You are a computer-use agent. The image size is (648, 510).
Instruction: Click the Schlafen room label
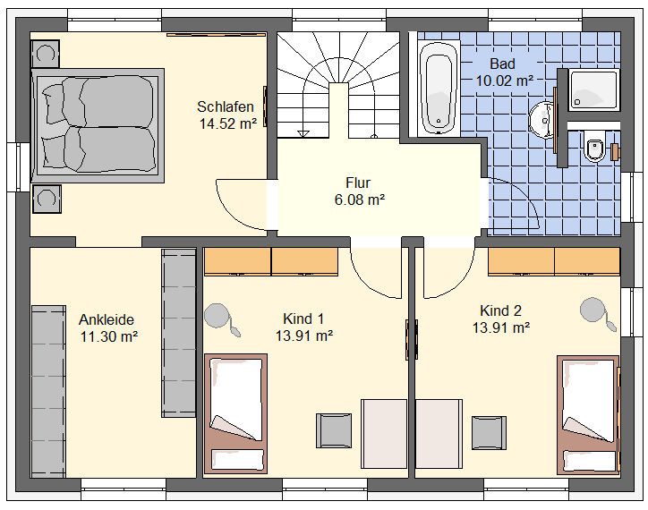[x=226, y=106]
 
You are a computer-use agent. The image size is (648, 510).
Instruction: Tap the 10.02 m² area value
[x=504, y=81]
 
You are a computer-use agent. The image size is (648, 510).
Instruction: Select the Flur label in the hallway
[x=358, y=183]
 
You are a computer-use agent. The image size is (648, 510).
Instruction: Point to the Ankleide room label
[x=107, y=319]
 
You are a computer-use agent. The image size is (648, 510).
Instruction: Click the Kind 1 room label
[x=303, y=319]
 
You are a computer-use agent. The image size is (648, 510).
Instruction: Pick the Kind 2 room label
[x=500, y=310]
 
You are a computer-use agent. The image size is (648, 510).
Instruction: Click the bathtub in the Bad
[x=439, y=88]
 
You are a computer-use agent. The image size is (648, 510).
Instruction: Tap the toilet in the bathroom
[x=594, y=146]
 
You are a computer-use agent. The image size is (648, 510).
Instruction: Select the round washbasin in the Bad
[x=541, y=120]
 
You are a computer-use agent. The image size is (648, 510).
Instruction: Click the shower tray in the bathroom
[x=594, y=90]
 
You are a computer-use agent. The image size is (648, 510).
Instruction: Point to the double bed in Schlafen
[x=98, y=125]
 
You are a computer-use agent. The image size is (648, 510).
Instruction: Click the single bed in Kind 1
[x=236, y=413]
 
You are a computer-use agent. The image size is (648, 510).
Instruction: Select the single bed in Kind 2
[x=588, y=415]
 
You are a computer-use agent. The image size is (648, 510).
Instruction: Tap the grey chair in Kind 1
[x=334, y=430]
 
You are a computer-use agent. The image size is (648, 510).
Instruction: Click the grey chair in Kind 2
[x=489, y=433]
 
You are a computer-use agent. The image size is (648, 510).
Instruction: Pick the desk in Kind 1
[x=384, y=434]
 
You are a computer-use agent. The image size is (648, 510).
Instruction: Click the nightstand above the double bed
[x=45, y=54]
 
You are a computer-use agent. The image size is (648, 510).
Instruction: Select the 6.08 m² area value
[x=360, y=200]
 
